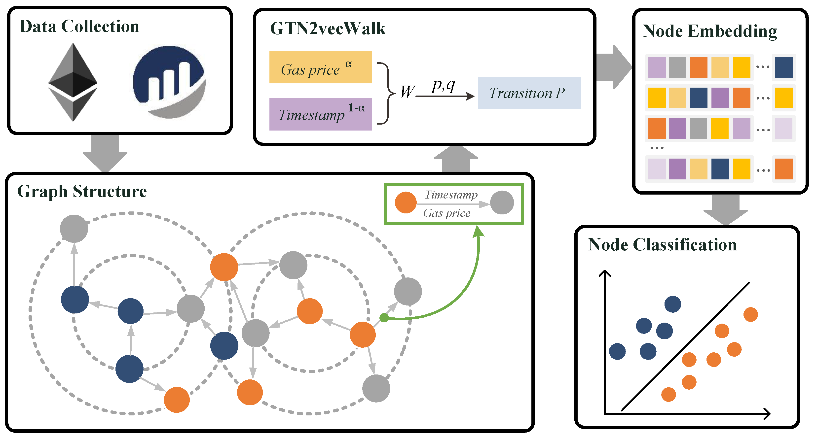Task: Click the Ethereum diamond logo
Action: pyautogui.click(x=73, y=82)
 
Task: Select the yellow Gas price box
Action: pyautogui.click(x=320, y=67)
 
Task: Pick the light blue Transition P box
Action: pyautogui.click(x=529, y=93)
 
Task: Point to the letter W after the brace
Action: pyautogui.click(x=407, y=92)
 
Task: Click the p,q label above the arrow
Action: pyautogui.click(x=443, y=85)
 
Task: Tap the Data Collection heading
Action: pyautogui.click(x=79, y=26)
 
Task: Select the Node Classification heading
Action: pyautogui.click(x=662, y=245)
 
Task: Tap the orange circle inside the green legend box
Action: pyautogui.click(x=406, y=202)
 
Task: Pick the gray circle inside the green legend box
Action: pyautogui.click(x=502, y=202)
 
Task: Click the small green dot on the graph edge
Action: pyautogui.click(x=384, y=317)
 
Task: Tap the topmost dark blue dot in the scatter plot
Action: pyautogui.click(x=672, y=304)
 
